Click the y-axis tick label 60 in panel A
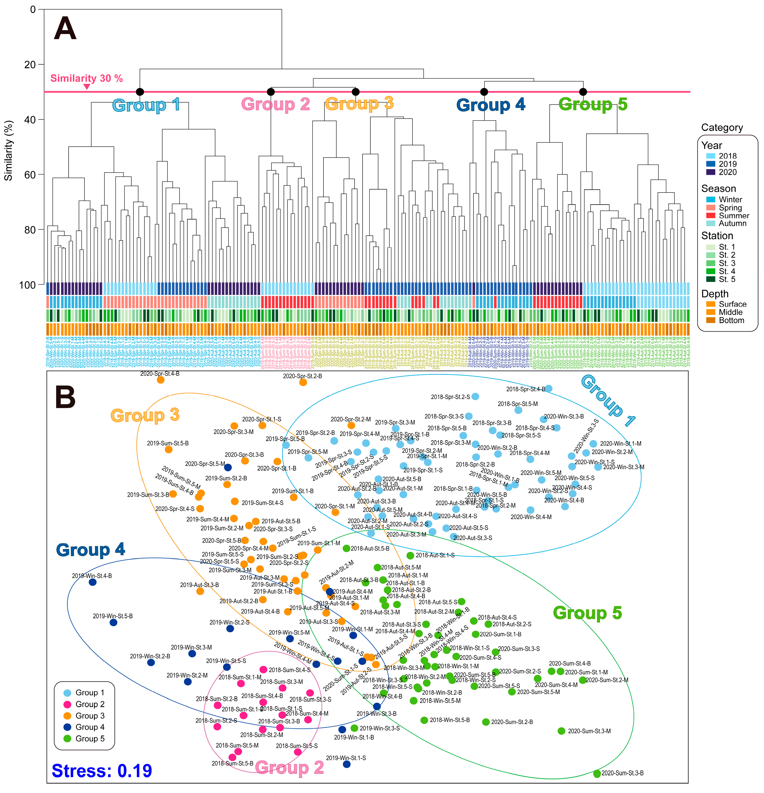pyautogui.click(x=30, y=175)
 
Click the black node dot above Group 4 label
pyautogui.click(x=484, y=92)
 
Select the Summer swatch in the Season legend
pyautogui.click(x=711, y=216)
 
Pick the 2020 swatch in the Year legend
pyautogui.click(x=711, y=172)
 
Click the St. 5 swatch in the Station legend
pyautogui.click(x=711, y=279)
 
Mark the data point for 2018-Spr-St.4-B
pyautogui.click(x=549, y=388)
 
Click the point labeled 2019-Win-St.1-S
pyautogui.click(x=346, y=764)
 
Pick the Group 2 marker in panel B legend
pyautogui.click(x=68, y=704)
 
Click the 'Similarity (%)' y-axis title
pyautogui.click(x=8, y=150)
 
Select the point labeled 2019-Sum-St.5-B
pyautogui.click(x=169, y=450)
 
